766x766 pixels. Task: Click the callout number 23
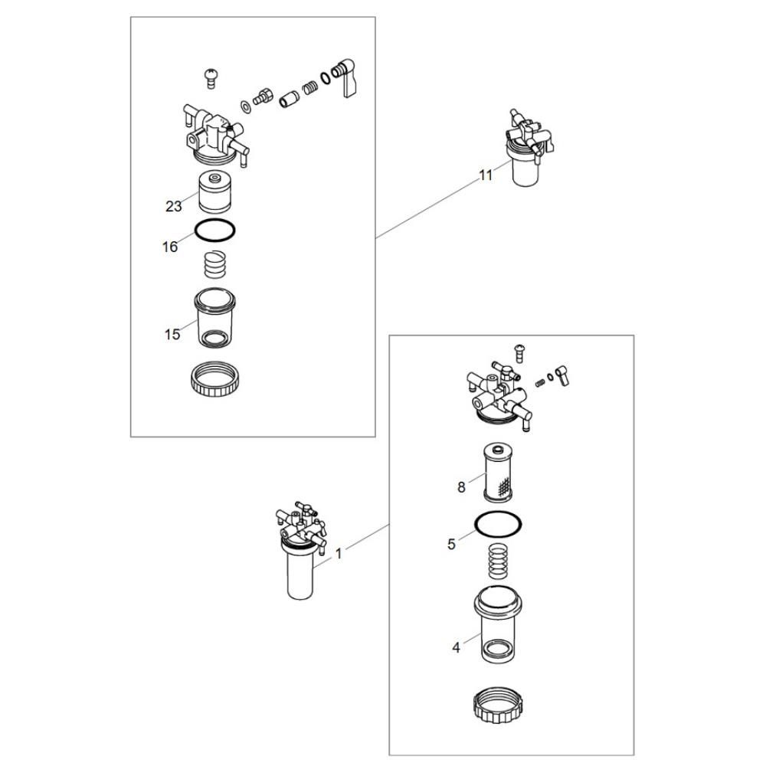(x=173, y=207)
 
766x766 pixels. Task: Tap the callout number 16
(x=170, y=247)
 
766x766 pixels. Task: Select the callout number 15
(x=172, y=335)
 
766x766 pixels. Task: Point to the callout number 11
(x=486, y=175)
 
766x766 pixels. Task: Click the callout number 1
(x=339, y=554)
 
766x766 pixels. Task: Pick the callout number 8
(x=461, y=487)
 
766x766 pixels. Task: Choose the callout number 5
(x=451, y=544)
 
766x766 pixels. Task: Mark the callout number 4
(x=456, y=648)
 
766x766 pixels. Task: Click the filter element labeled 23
(x=215, y=192)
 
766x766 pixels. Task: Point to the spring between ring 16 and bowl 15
(x=214, y=264)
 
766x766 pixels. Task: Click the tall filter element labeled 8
(x=498, y=472)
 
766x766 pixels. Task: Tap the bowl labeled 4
(x=498, y=624)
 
